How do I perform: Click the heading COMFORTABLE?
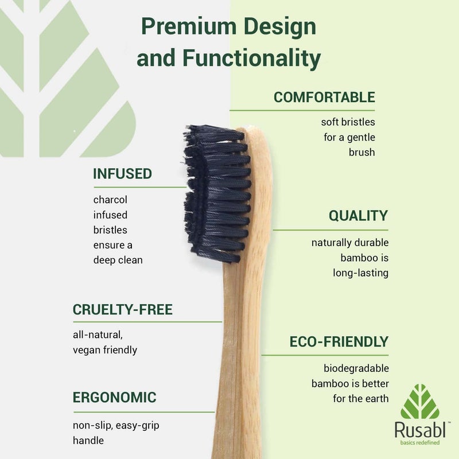[324, 97]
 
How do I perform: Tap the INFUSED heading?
[122, 174]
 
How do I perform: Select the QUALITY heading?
[358, 216]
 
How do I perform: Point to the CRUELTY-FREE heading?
[122, 310]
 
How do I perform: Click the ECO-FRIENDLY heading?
[339, 342]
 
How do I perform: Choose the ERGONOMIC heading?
[114, 397]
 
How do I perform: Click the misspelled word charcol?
[110, 200]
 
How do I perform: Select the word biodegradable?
[356, 368]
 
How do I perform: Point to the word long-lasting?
[360, 273]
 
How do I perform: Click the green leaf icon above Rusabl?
[419, 401]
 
